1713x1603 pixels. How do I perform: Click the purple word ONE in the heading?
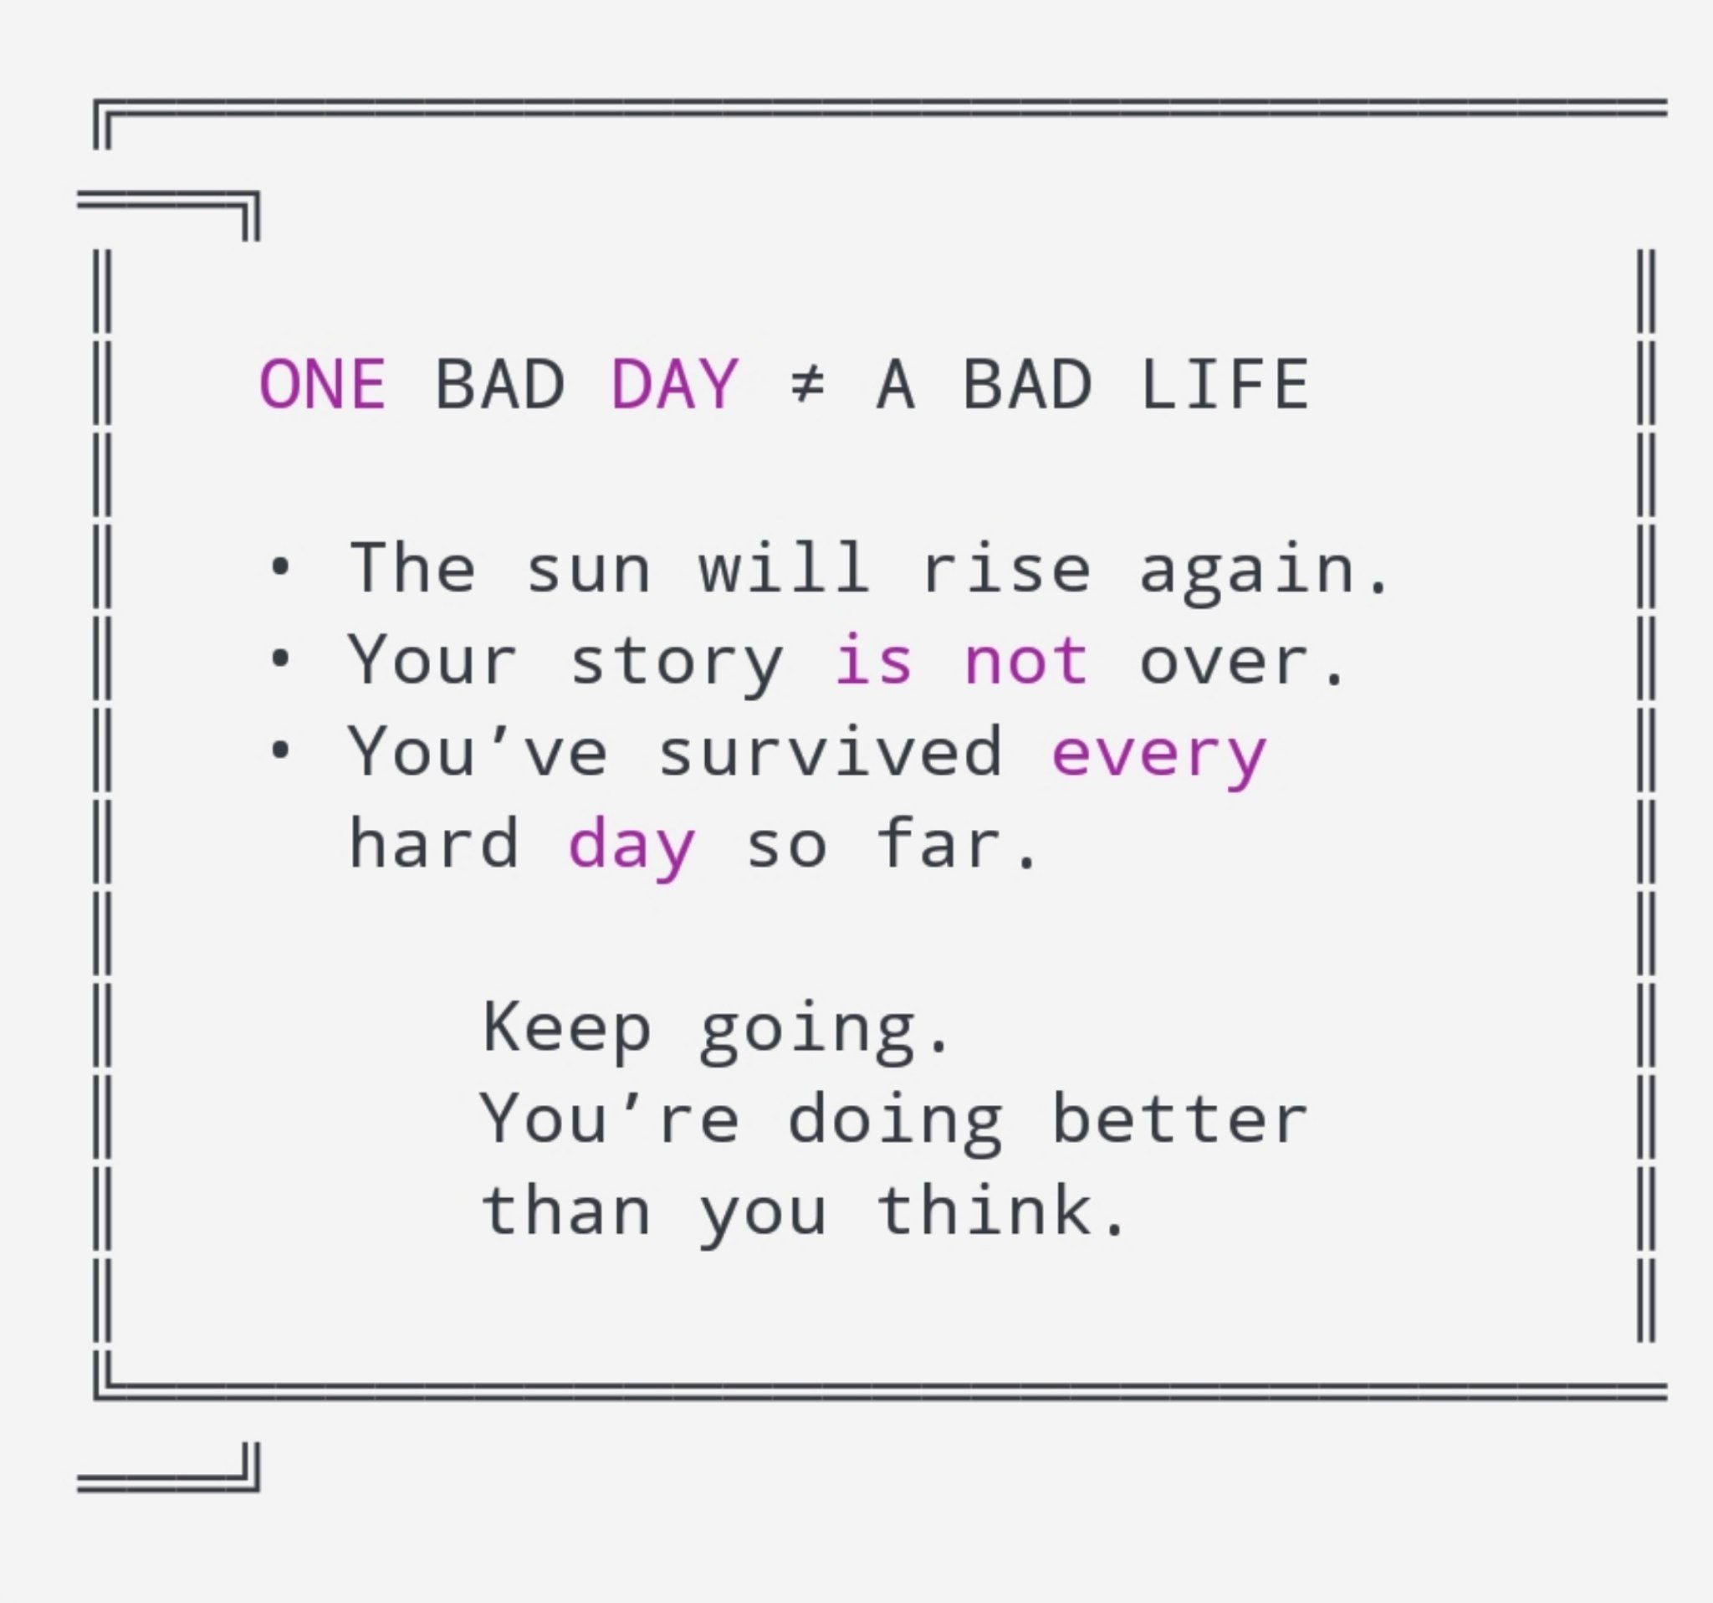(x=322, y=383)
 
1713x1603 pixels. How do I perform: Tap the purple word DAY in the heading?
(x=674, y=383)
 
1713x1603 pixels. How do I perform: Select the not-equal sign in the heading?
(x=807, y=384)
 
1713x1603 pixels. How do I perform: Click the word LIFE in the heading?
(x=1225, y=383)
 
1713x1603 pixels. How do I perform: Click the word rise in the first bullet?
(x=1005, y=569)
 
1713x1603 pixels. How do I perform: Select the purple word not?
(x=1026, y=661)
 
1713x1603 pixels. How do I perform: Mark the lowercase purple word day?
(x=632, y=849)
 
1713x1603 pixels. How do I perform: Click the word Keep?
(x=566, y=1031)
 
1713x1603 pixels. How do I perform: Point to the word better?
(x=1179, y=1119)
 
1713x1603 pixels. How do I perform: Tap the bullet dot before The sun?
(x=279, y=568)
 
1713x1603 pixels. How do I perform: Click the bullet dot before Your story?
(x=279, y=660)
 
